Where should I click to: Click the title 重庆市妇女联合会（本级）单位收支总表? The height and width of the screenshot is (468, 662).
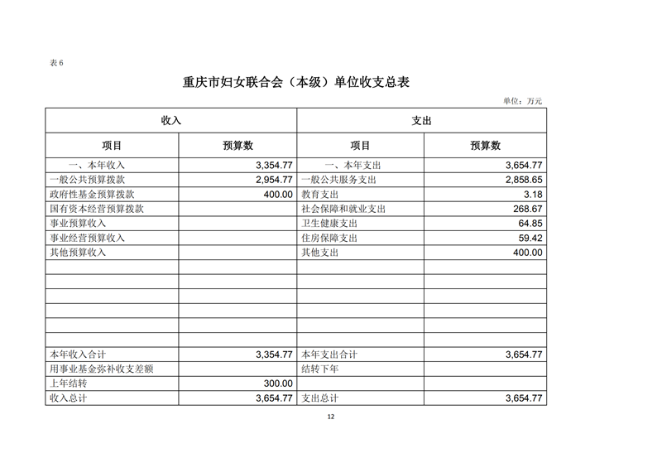click(295, 83)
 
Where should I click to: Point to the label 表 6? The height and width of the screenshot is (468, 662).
click(56, 63)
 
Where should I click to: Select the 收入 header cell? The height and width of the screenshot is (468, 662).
click(171, 120)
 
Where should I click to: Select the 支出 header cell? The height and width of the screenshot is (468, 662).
click(421, 120)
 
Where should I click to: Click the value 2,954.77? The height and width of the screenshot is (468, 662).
click(274, 180)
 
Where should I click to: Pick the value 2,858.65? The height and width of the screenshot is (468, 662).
click(523, 180)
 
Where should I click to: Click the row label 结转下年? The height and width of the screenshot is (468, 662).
click(320, 369)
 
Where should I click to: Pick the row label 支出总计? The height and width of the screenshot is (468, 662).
click(320, 398)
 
